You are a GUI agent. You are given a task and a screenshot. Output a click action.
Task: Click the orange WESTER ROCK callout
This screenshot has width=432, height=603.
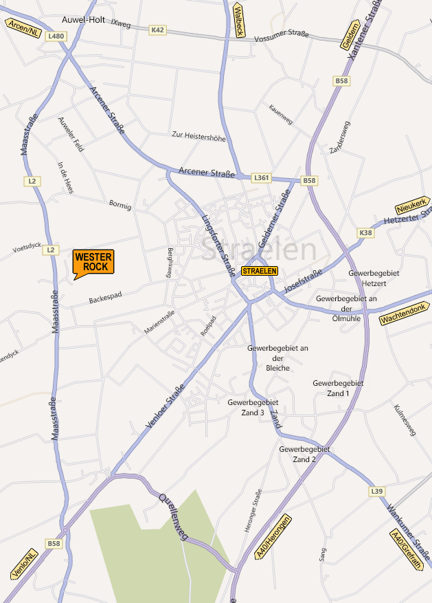[92, 262]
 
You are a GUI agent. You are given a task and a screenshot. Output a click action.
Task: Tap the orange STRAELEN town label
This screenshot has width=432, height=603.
[260, 271]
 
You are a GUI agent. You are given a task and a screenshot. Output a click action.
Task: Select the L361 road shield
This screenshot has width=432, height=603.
[262, 178]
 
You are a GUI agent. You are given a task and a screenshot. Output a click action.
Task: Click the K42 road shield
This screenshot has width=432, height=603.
[158, 30]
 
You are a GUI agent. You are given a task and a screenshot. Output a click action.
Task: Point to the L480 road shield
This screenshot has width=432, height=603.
[57, 36]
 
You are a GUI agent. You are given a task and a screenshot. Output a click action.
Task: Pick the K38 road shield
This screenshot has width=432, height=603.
[367, 234]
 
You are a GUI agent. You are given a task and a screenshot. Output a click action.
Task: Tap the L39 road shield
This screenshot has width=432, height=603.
[376, 492]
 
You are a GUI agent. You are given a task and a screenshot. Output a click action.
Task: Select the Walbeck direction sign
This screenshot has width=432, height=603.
[239, 21]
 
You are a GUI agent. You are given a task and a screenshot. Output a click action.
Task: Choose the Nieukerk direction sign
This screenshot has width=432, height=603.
[411, 205]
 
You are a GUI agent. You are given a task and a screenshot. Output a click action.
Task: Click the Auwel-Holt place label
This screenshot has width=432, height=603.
[83, 20]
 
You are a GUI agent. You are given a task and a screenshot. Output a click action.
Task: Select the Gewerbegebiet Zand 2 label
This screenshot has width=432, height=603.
[304, 454]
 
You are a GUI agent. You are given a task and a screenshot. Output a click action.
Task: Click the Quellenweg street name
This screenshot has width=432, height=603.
[173, 517]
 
